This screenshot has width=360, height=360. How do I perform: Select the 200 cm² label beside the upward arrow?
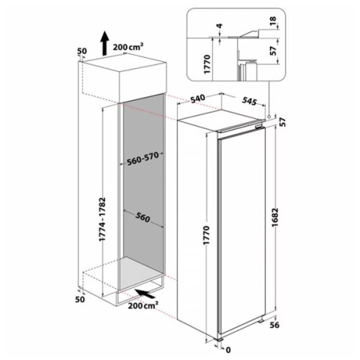pyautogui.click(x=131, y=45)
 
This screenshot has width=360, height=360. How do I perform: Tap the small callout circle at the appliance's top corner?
pyautogui.click(x=268, y=116)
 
